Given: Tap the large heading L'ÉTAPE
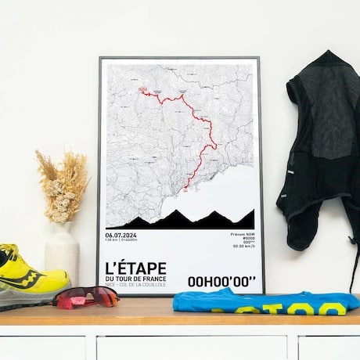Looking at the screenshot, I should [x=134, y=267].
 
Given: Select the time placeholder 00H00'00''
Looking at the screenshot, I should [x=221, y=282].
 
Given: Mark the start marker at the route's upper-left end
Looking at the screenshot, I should [x=145, y=92].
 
